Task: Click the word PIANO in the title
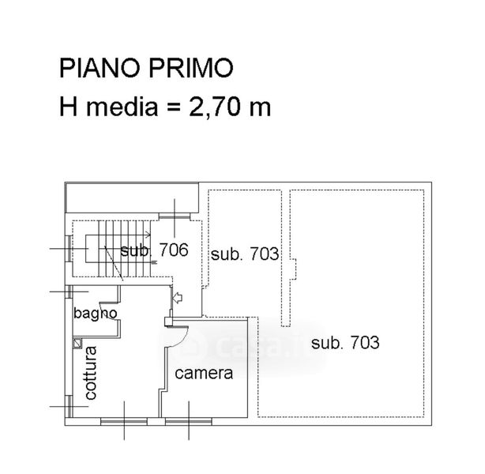(99, 68)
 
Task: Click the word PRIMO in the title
(191, 68)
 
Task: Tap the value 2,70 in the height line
(215, 107)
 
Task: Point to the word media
(122, 107)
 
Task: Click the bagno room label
(96, 314)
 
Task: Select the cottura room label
(91, 373)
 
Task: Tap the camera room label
(204, 374)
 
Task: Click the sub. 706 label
(154, 250)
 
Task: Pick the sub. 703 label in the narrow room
(245, 254)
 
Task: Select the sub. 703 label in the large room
(345, 343)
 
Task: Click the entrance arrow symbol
(178, 298)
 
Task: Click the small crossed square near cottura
(77, 343)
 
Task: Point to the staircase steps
(124, 248)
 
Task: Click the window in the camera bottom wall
(189, 421)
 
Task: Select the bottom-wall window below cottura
(124, 421)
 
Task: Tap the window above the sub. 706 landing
(174, 216)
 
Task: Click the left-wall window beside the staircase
(69, 248)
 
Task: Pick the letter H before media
(68, 107)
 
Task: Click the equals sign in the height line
(174, 108)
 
